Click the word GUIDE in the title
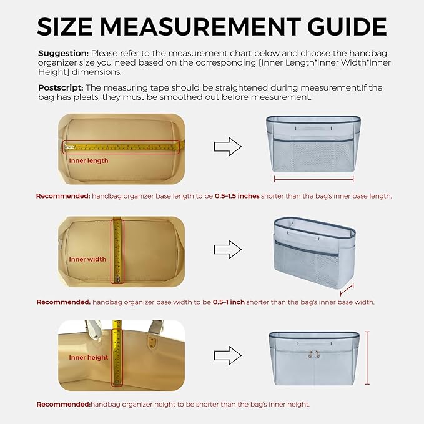click(x=347, y=26)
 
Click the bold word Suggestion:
click(x=63, y=54)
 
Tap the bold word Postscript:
click(x=61, y=88)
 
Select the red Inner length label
click(x=89, y=160)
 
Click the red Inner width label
click(x=87, y=259)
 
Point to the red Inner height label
click(x=89, y=357)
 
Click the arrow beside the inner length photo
click(x=228, y=147)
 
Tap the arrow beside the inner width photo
click(x=228, y=249)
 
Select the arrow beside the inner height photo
click(x=228, y=355)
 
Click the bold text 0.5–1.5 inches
click(x=237, y=196)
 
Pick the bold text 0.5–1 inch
click(x=229, y=302)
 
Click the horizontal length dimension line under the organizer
click(x=313, y=179)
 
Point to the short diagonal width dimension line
click(x=347, y=290)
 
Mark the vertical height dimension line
click(x=367, y=358)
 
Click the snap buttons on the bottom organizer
click(x=314, y=354)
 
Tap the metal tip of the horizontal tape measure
click(x=69, y=147)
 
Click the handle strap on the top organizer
click(x=313, y=127)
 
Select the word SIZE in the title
click(x=64, y=26)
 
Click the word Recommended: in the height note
click(x=63, y=404)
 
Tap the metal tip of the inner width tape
click(x=117, y=279)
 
